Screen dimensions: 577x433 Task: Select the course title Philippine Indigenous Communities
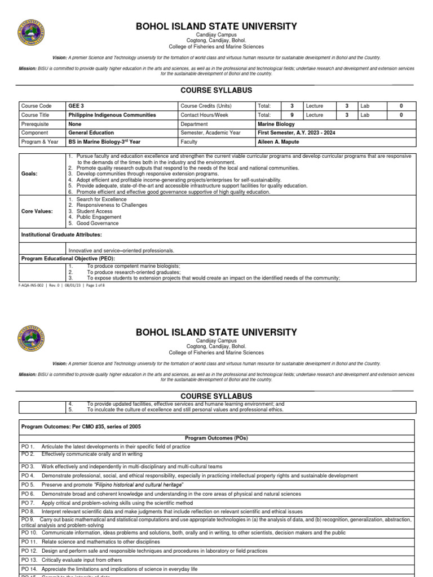coord(112,115)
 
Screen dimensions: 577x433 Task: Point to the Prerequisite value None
coord(74,124)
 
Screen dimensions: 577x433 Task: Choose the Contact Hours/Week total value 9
coord(292,115)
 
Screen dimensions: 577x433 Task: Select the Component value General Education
coord(91,133)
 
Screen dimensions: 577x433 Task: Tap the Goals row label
coord(29,174)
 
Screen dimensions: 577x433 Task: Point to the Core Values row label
coord(37,211)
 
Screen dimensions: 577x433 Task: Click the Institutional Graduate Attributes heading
coord(61,234)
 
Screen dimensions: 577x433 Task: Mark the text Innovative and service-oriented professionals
coord(121,250)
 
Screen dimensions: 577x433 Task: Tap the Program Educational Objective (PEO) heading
coord(72,258)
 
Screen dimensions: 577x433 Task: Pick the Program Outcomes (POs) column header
coord(216,438)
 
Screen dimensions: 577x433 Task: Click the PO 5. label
coord(28,485)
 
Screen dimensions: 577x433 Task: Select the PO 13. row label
coord(29,560)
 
